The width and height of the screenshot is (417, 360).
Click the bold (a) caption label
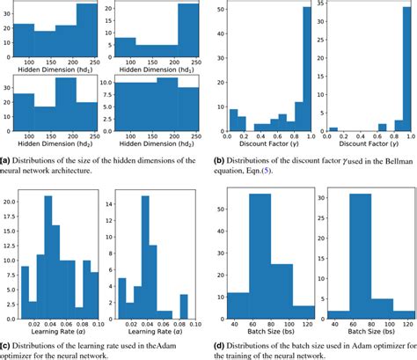pos(6,158)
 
